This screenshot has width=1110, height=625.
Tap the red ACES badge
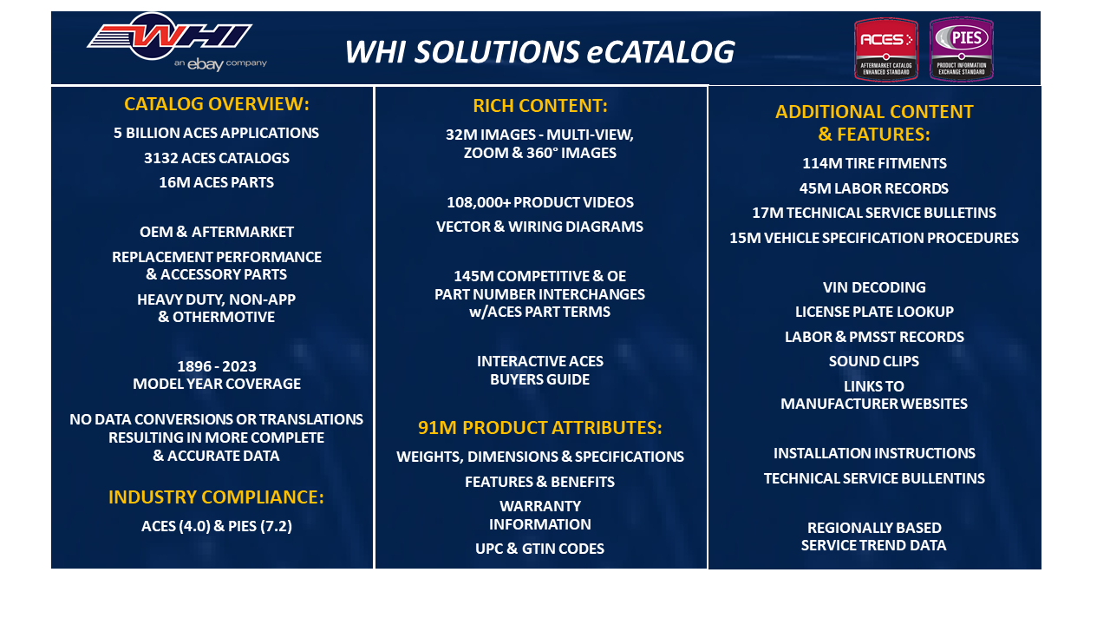pos(885,49)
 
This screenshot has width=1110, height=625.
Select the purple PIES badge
pos(962,49)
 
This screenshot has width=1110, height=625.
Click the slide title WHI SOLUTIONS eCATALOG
pos(539,52)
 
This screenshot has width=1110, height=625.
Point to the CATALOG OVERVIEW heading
pos(217,104)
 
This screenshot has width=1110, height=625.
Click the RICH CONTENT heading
pos(540,106)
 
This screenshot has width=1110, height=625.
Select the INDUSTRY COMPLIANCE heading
pos(216,497)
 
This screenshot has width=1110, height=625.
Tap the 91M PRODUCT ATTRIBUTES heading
pos(540,428)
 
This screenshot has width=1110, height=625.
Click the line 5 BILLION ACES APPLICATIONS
pos(217,134)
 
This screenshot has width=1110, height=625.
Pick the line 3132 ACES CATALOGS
pos(217,158)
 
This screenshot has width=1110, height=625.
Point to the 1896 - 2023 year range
pos(217,366)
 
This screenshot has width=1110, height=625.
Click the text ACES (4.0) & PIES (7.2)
pos(217,526)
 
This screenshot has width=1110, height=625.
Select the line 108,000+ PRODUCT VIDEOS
pos(540,202)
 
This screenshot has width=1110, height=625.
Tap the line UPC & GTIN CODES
pos(540,549)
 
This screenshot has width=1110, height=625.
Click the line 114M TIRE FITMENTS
pos(874,163)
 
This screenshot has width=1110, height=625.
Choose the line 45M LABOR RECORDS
pos(874,188)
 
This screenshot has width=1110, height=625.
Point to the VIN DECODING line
pos(874,287)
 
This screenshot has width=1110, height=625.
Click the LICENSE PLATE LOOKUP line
pos(874,312)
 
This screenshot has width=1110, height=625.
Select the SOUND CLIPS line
pos(874,361)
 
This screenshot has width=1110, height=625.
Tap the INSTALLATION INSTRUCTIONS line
pos(874,453)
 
